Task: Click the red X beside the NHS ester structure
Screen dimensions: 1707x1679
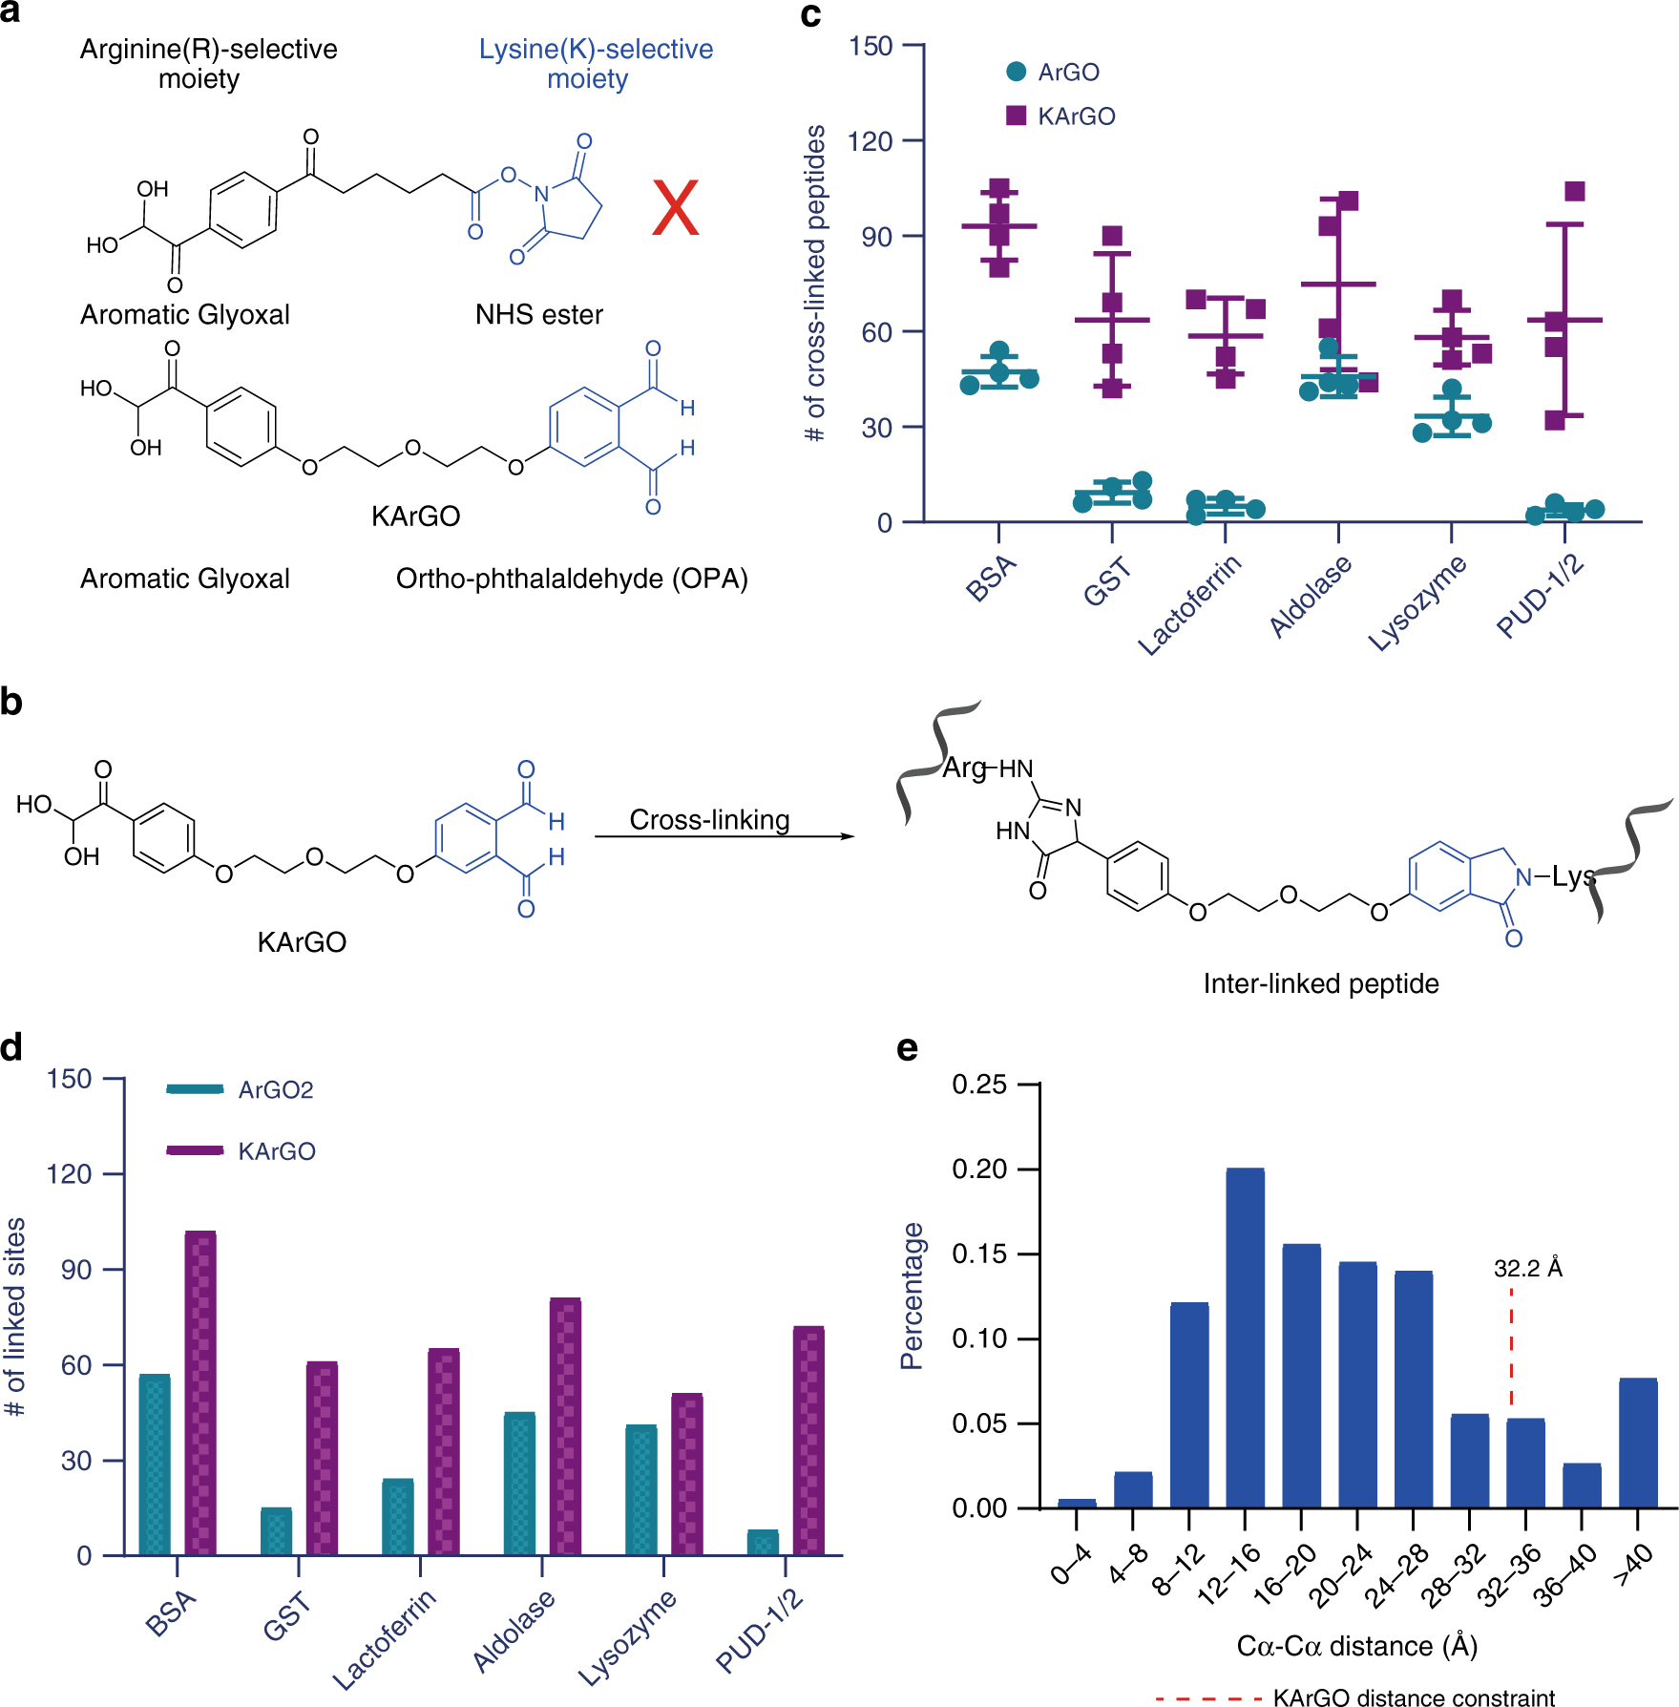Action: point(676,208)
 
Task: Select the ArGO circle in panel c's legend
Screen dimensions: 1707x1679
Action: point(1017,72)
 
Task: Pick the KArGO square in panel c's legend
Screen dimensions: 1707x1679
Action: point(1017,116)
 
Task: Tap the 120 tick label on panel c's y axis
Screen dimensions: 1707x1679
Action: point(870,141)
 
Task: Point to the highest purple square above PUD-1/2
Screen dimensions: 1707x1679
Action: point(1575,191)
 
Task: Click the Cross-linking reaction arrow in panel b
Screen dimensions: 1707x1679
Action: point(724,836)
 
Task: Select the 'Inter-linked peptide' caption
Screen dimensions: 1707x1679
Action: point(1321,983)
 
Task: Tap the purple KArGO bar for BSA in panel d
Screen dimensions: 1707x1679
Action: point(200,1393)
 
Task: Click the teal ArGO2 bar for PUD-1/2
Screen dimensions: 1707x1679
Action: point(763,1542)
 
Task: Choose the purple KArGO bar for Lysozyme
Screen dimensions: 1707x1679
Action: point(687,1474)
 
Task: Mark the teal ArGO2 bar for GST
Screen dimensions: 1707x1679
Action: point(277,1531)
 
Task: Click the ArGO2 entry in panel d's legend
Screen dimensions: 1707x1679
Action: point(275,1089)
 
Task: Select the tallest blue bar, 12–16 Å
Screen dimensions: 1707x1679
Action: point(1245,1338)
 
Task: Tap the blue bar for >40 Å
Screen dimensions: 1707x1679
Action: point(1638,1443)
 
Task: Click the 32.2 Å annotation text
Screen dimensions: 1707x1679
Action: point(1527,1268)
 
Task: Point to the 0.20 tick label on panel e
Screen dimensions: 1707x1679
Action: point(979,1170)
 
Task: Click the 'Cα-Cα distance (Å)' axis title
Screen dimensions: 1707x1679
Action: point(1356,1646)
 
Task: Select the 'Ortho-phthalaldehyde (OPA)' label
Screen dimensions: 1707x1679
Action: point(572,579)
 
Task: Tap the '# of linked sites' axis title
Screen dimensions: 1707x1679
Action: point(15,1317)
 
